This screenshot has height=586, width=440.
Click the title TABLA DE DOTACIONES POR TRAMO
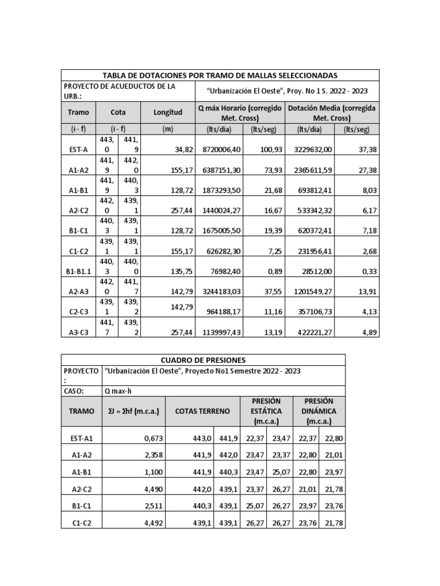[x=219, y=75]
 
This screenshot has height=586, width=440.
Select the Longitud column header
[x=167, y=113]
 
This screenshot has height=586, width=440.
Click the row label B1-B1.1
[x=77, y=267]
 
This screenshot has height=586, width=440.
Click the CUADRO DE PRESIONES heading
[x=203, y=360]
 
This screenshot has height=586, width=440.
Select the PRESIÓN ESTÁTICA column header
[x=265, y=411]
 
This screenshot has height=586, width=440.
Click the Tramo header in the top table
[x=77, y=113]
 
